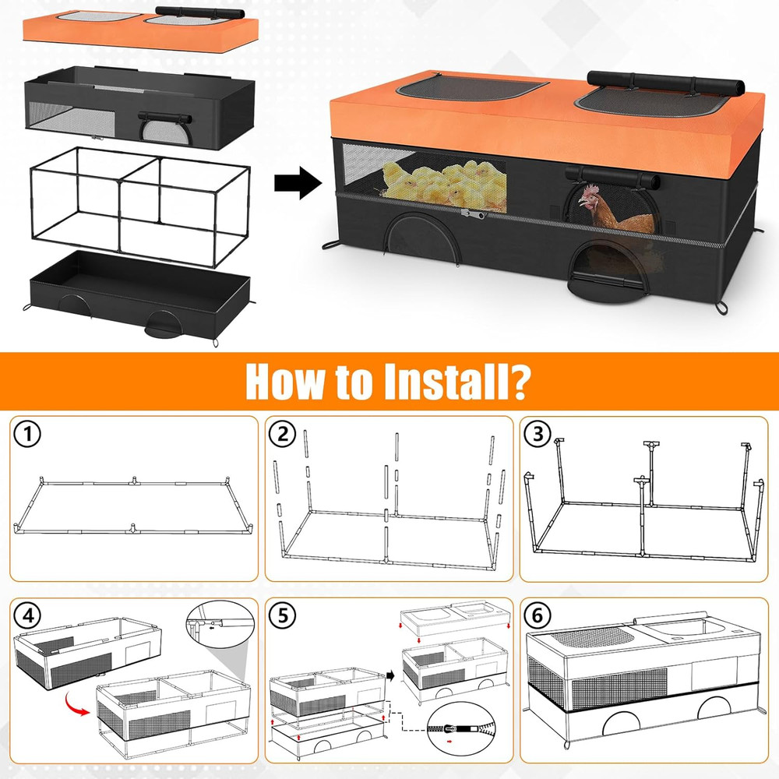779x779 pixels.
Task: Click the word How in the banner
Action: coord(284,381)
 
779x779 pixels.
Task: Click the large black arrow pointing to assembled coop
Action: coord(298,185)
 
